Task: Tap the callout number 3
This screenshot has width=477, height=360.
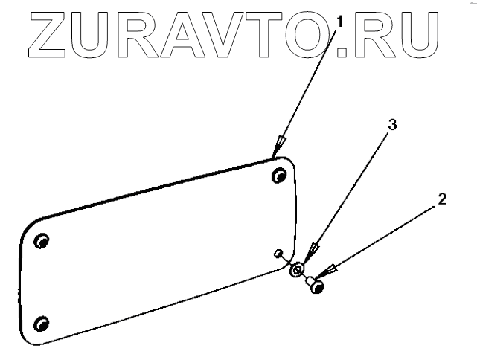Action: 392,125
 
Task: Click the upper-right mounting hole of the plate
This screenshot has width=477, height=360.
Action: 279,176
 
